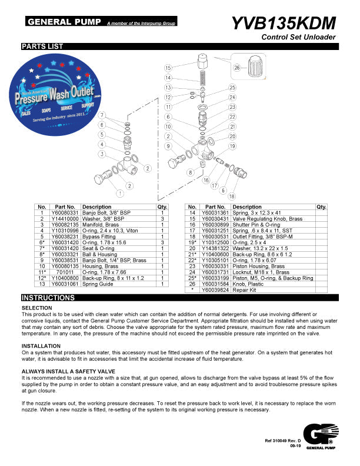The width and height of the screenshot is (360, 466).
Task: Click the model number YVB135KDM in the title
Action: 284,23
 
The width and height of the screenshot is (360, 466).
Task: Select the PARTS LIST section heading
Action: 42,46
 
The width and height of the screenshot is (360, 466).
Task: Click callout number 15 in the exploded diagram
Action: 168,68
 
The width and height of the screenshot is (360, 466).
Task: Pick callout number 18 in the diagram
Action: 231,196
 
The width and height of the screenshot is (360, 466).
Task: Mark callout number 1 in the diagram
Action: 120,193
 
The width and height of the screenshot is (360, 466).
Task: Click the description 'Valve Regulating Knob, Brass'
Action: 261,218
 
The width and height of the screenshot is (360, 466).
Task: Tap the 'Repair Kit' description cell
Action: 246,274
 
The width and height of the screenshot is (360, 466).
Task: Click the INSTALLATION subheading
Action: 41,345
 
